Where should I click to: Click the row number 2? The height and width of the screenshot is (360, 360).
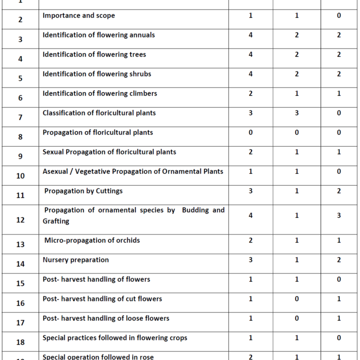coord(20,20)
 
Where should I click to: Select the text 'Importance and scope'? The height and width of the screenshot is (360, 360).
coord(78,15)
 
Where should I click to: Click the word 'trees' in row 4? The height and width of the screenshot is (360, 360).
coord(136,54)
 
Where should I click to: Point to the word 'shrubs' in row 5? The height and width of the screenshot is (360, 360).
coord(139,74)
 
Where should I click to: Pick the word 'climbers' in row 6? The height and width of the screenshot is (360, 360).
coord(142,93)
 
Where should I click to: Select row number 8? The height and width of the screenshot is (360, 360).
coord(20,137)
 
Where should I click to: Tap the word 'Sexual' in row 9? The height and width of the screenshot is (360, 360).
coord(53,152)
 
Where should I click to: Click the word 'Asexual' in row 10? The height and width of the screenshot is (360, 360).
coord(55,171)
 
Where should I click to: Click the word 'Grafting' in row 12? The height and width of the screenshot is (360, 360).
coord(56,221)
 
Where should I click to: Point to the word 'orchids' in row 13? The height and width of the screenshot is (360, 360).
coord(127,240)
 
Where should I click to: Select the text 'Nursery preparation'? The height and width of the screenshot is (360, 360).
coord(75,260)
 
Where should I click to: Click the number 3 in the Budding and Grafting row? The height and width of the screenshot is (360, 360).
coord(338,215)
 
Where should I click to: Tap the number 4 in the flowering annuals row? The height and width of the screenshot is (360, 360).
coord(250,35)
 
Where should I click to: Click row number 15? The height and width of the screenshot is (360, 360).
coord(20,283)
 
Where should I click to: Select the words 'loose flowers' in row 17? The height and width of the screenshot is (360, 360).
coord(148,318)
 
